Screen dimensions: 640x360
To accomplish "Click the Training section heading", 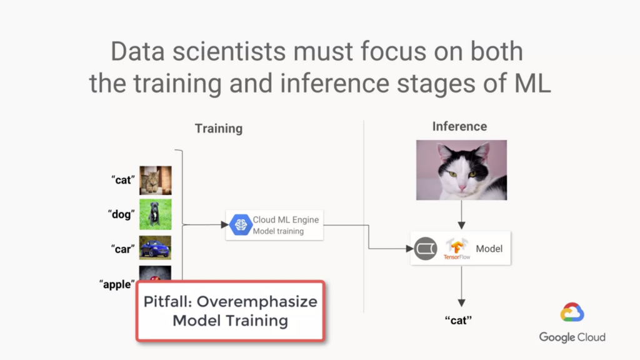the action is pyautogui.click(x=219, y=129).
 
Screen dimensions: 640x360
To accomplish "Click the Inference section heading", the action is pyautogui.click(x=459, y=126).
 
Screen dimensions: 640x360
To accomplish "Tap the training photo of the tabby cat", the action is pyautogui.click(x=156, y=181).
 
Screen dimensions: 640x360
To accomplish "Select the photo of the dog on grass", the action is pyautogui.click(x=156, y=214).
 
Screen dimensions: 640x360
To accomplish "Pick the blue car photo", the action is pyautogui.click(x=155, y=247).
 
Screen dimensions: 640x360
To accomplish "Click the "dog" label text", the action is pyautogui.click(x=121, y=214).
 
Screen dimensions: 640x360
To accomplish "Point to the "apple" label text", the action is pyautogui.click(x=117, y=284).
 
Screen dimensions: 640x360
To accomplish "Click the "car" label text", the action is pyautogui.click(x=123, y=249).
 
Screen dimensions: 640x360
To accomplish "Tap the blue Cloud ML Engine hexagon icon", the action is pyautogui.click(x=241, y=225).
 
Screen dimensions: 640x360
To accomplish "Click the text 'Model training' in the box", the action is pyautogui.click(x=278, y=231).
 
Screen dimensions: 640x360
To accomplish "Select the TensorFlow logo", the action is pyautogui.click(x=457, y=249).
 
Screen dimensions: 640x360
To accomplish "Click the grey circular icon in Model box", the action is pyautogui.click(x=426, y=249).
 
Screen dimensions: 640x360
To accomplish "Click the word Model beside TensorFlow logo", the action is pyautogui.click(x=489, y=249).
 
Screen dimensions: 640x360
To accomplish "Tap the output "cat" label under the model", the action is pyautogui.click(x=458, y=321).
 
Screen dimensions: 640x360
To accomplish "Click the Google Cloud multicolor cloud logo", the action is pyautogui.click(x=572, y=312).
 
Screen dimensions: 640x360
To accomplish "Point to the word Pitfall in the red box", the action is pyautogui.click(x=167, y=302).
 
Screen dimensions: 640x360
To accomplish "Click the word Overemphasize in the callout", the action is pyautogui.click(x=257, y=302).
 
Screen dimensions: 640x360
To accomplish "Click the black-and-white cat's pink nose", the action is pyautogui.click(x=462, y=187).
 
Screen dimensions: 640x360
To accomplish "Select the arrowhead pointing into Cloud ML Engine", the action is pyautogui.click(x=224, y=225).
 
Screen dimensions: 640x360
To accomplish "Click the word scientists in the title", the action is pyautogui.click(x=229, y=51).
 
